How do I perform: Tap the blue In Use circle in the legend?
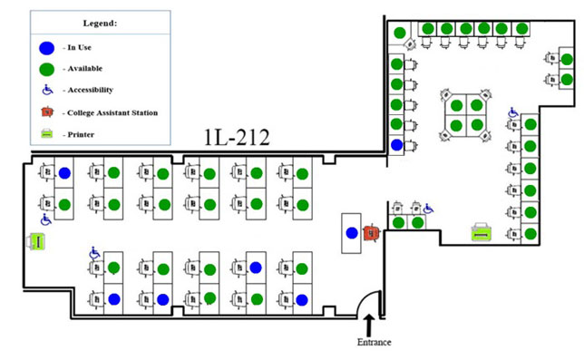[x=46, y=47]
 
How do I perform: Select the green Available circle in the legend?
[x=46, y=68]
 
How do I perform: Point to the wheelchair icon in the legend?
[x=46, y=90]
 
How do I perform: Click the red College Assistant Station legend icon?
[x=46, y=112]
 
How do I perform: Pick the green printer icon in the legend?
[x=46, y=133]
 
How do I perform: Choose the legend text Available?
[x=83, y=69]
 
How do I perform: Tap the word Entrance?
[x=372, y=342]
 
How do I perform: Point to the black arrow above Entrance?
[x=369, y=323]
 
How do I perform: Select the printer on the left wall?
[x=36, y=242]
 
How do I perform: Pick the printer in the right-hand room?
[x=481, y=232]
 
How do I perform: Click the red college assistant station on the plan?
[x=369, y=233]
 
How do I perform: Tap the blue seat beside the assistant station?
[x=351, y=233]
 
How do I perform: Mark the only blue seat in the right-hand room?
[x=396, y=145]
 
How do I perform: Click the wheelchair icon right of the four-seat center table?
[x=513, y=113]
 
